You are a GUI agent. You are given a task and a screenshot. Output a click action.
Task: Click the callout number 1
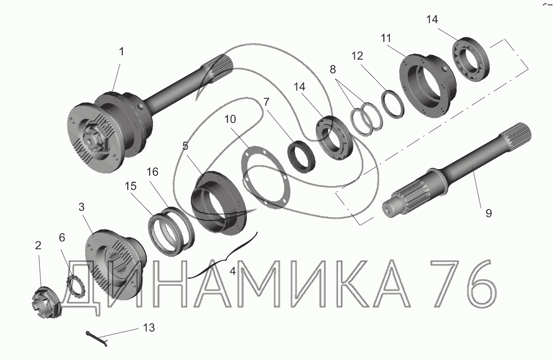121,52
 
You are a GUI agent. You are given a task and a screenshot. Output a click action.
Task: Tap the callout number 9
488,213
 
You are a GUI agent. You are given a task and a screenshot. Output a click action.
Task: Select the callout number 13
149,328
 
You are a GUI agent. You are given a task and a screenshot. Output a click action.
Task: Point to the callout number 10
230,119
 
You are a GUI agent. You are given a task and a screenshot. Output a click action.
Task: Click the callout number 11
386,38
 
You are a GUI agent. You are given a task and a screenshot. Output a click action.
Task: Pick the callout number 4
232,271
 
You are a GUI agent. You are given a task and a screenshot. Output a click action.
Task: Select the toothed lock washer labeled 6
75,286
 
